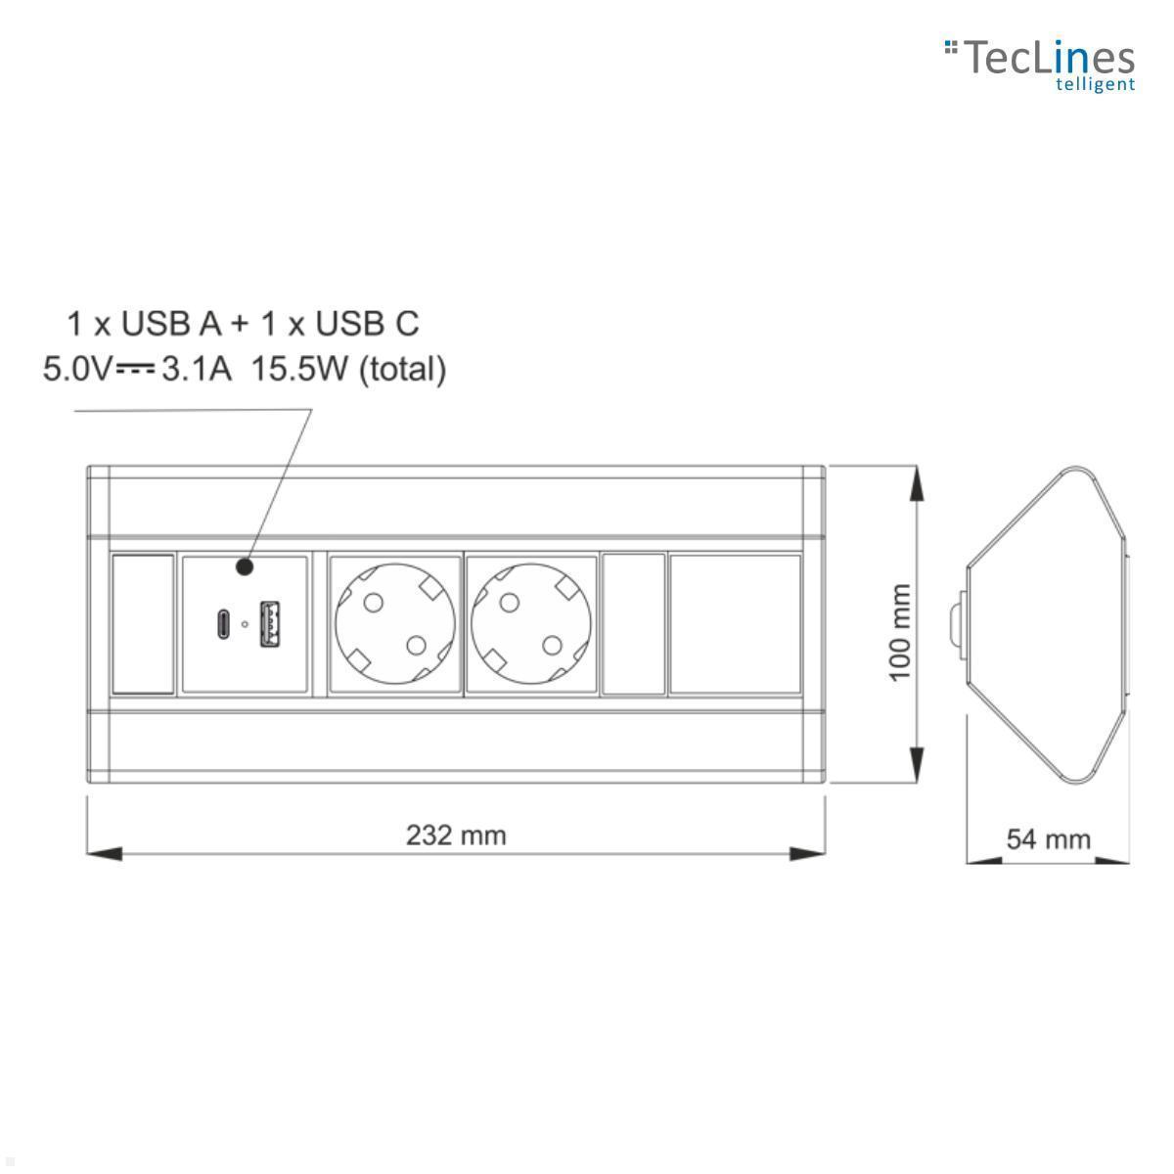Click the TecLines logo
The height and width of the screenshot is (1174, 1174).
(x=1039, y=66)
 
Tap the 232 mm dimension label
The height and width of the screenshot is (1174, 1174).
(x=456, y=835)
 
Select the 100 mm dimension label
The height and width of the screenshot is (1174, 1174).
(x=900, y=631)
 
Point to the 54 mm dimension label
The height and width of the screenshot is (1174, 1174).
(x=1048, y=838)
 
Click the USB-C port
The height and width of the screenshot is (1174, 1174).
(x=223, y=624)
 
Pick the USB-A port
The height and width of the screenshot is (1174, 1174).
(x=270, y=624)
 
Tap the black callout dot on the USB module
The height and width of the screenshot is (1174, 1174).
(x=245, y=567)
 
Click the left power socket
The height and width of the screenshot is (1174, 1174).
(x=395, y=624)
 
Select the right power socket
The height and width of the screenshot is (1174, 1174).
(x=531, y=624)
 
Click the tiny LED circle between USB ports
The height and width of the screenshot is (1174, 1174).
(x=245, y=624)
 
